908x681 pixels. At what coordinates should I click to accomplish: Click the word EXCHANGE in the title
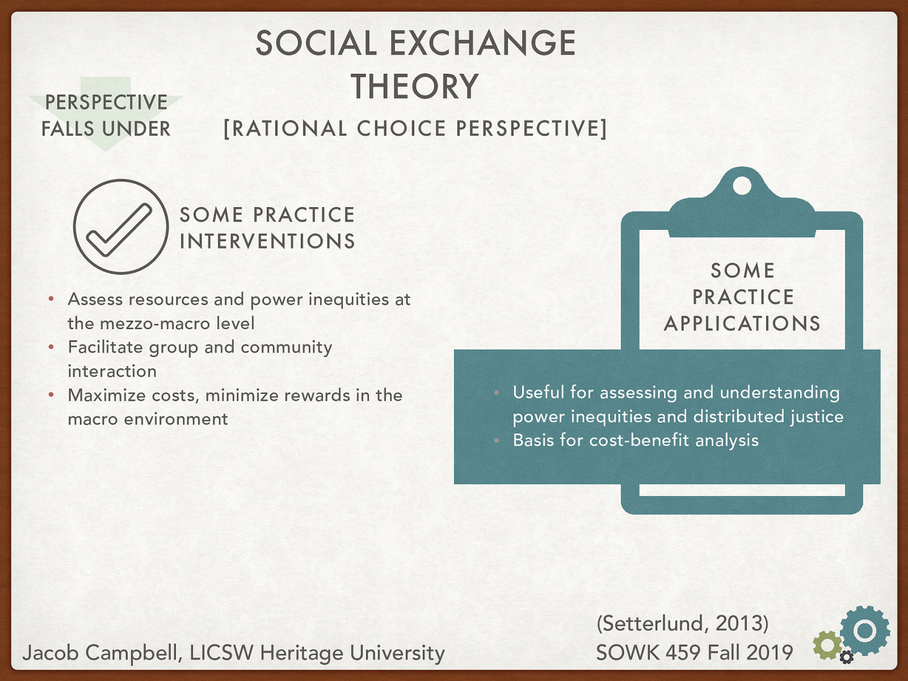point(482,43)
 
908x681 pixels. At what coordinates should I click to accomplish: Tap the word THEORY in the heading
point(415,86)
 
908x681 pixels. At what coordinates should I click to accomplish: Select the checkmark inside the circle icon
point(119,230)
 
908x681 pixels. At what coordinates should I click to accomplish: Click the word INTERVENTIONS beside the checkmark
point(267,241)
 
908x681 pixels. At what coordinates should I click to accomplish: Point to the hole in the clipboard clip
point(742,186)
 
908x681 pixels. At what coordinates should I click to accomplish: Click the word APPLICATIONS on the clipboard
point(742,323)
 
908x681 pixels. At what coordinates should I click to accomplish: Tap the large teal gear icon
point(864,630)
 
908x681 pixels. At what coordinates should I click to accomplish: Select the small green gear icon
point(827,645)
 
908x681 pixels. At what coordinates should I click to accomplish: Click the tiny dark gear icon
point(846,657)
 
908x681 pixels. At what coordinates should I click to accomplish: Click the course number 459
point(682,653)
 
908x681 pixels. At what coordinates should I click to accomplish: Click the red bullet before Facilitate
point(51,347)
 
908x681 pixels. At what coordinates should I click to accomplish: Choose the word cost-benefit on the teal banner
point(638,440)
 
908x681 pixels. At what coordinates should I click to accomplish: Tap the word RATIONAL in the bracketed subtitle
point(289,128)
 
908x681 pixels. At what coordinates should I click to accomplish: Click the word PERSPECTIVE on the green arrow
point(106,102)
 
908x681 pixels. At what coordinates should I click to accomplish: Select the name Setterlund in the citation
point(655,623)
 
